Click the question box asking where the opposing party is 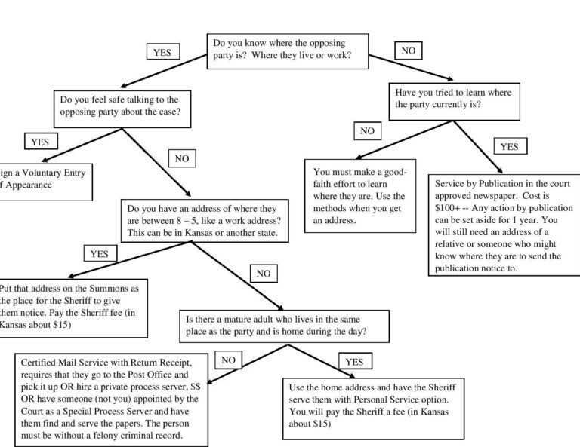(287, 51)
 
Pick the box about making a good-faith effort (360, 195)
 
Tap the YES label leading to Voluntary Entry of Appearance (39, 142)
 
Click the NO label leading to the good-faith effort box (367, 131)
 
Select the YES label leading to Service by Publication (509, 146)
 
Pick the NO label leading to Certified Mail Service (228, 360)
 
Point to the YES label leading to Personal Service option (353, 362)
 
